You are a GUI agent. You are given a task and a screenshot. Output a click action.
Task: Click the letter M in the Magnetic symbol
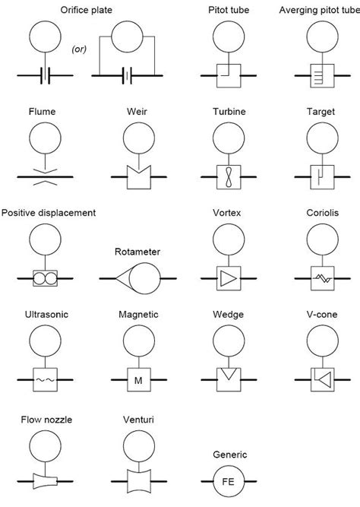pyautogui.click(x=138, y=380)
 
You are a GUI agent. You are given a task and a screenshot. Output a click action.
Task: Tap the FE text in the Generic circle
pyautogui.click(x=228, y=482)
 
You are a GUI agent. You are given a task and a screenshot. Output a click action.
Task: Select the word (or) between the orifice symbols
pyautogui.click(x=79, y=49)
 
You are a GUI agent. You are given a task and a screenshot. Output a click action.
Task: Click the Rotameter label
pyautogui.click(x=137, y=252)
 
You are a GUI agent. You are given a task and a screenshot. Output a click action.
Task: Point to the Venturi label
pyautogui.click(x=138, y=420)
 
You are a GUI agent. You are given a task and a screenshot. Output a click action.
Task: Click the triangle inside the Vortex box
pyautogui.click(x=228, y=278)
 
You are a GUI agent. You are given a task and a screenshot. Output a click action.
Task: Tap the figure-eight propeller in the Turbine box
pyautogui.click(x=229, y=177)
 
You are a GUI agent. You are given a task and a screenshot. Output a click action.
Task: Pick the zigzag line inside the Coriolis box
pyautogui.click(x=323, y=278)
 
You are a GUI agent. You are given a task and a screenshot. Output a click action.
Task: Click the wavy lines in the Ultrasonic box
pyautogui.click(x=46, y=380)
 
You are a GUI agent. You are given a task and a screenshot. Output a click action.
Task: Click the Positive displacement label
pyautogui.click(x=49, y=213)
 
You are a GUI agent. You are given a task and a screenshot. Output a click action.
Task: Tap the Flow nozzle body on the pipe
pyautogui.click(x=46, y=481)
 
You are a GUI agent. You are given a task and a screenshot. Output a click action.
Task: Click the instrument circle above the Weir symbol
pyautogui.click(x=139, y=138)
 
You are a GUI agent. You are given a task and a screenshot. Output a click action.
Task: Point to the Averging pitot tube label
pyautogui.click(x=319, y=10)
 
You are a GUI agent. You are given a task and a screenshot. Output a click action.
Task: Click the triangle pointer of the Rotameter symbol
pyautogui.click(x=123, y=278)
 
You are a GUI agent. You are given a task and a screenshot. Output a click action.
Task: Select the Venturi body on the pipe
pyautogui.click(x=139, y=481)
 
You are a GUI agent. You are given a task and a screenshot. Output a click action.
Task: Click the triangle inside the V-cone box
pyautogui.click(x=325, y=379)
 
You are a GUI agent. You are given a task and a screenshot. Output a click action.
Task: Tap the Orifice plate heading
pyautogui.click(x=87, y=10)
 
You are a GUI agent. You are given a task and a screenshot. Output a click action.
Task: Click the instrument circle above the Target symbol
pyautogui.click(x=323, y=138)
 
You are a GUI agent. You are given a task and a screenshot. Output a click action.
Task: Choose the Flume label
pyautogui.click(x=42, y=112)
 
